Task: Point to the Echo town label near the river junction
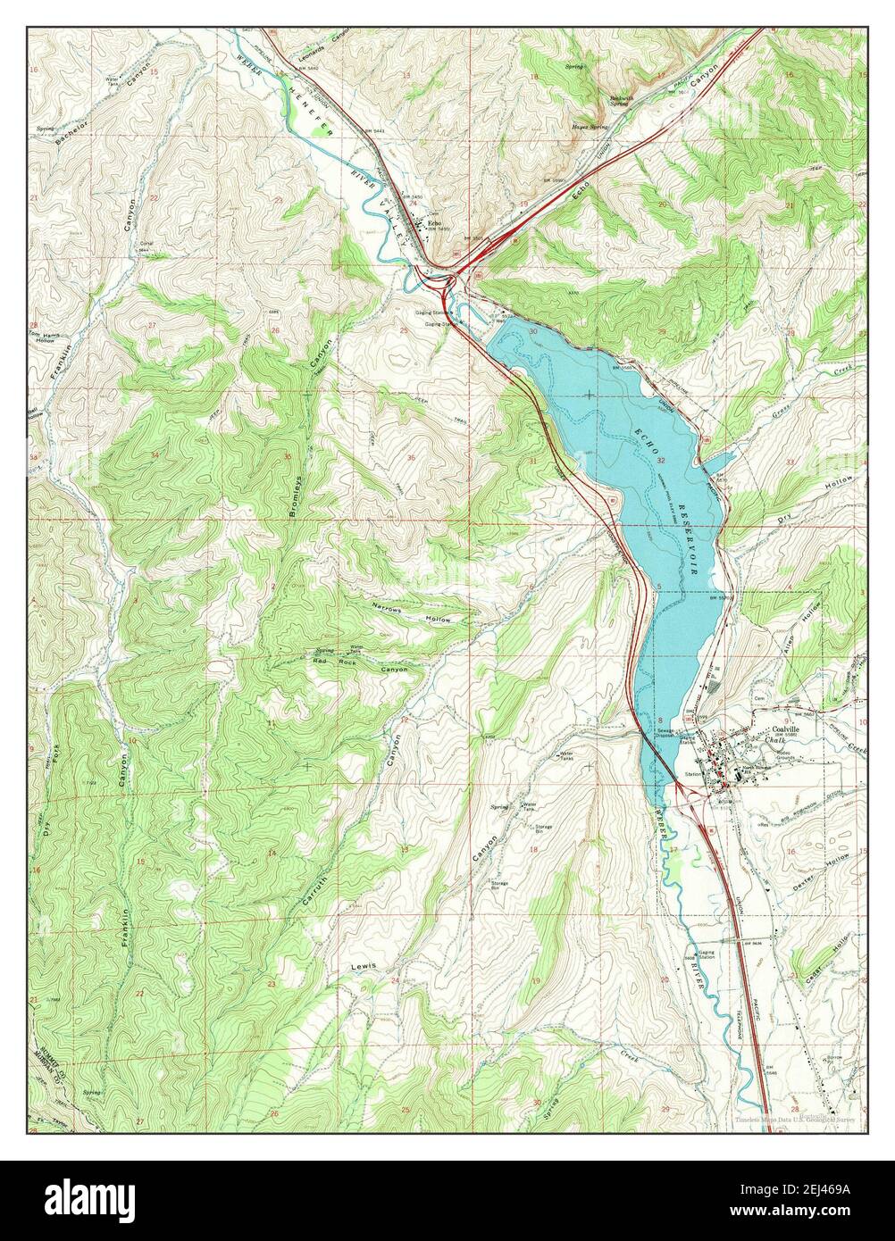coord(434,222)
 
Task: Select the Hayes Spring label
coord(590,127)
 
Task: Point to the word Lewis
coord(364,967)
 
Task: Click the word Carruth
coord(311,887)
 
